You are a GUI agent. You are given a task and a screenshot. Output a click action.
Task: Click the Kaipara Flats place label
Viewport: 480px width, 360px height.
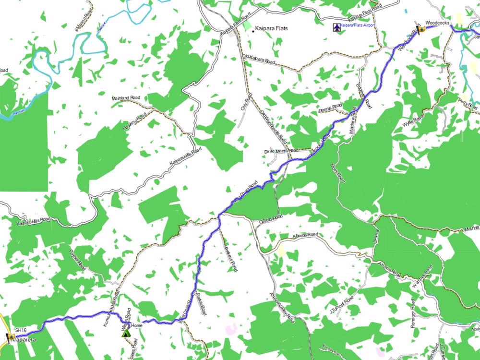(271, 28)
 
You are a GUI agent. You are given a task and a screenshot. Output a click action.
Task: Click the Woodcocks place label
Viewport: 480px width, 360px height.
(436, 23)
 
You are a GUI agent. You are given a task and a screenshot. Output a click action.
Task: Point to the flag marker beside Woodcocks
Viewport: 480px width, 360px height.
(421, 29)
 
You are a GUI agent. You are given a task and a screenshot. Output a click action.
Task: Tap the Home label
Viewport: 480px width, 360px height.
(137, 325)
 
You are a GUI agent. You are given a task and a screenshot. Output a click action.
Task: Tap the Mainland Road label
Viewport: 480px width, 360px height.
(125, 98)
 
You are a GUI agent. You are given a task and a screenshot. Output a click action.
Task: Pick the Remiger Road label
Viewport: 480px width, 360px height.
(412, 315)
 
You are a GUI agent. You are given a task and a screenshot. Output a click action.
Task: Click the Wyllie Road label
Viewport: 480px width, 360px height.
(413, 118)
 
